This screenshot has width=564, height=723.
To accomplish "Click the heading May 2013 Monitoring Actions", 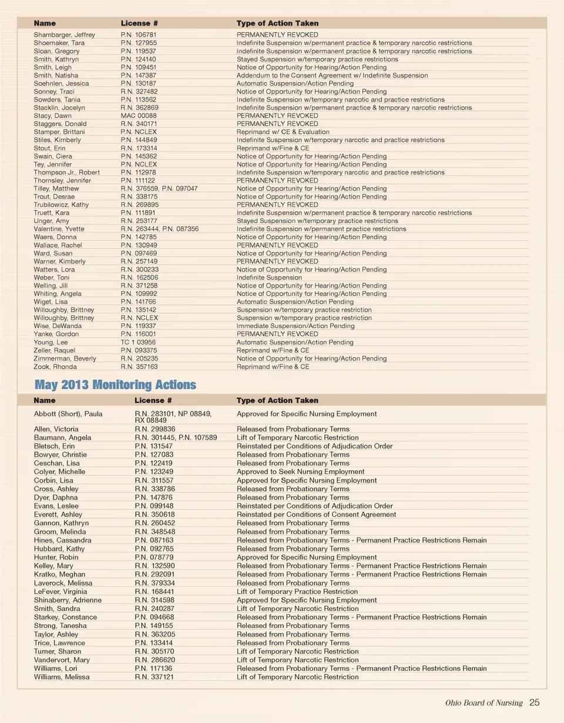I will point(115,386).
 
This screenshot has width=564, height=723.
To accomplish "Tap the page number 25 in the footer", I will point(535,702).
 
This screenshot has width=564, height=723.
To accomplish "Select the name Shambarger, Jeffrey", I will point(64,35).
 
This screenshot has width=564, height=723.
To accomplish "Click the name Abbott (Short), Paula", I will point(68,414).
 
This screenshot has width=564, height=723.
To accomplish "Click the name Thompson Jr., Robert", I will point(66,173).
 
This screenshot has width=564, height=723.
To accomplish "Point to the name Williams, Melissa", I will point(62,677).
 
